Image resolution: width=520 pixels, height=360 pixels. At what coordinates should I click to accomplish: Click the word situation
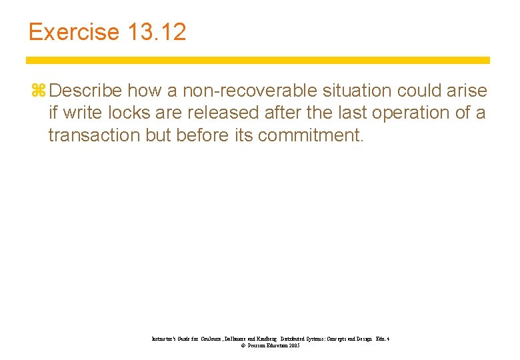[x=360, y=91]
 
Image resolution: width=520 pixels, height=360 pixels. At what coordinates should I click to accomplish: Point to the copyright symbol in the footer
[x=233, y=346]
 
